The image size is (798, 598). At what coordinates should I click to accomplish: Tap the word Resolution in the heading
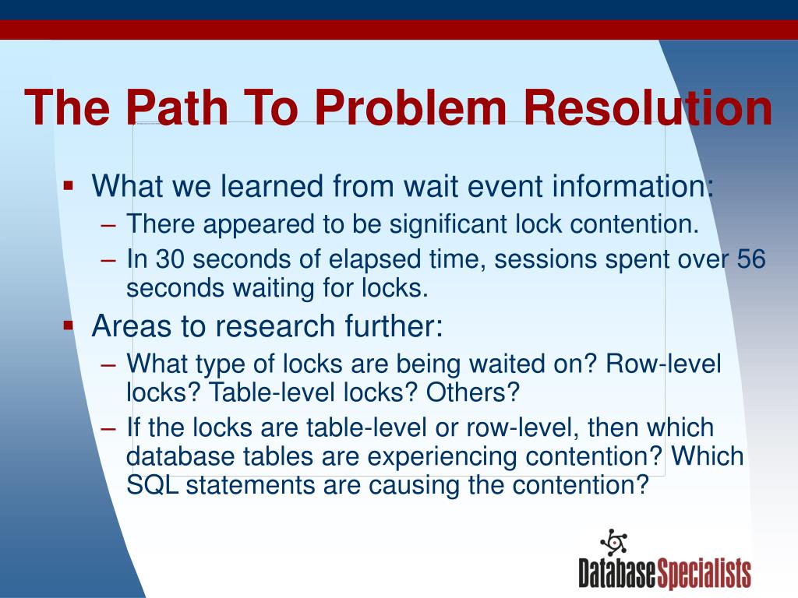coord(648,107)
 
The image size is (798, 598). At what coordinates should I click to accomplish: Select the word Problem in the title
coord(410,107)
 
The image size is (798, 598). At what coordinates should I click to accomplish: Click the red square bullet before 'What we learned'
coord(69,185)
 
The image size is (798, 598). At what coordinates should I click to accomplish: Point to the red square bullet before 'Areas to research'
coord(69,325)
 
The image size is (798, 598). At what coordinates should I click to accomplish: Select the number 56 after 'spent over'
coord(751,259)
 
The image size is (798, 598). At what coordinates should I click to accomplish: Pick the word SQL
coord(152,484)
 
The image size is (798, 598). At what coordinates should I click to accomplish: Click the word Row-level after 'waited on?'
coord(664,364)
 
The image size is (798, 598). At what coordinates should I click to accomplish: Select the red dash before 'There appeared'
coord(109,224)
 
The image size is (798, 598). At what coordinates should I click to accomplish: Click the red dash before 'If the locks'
coord(109,428)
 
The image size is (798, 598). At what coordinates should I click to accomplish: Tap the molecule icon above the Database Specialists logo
coord(614,543)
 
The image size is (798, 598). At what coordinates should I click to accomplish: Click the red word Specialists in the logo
coord(704,574)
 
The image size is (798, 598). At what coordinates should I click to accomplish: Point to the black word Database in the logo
coord(617,574)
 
